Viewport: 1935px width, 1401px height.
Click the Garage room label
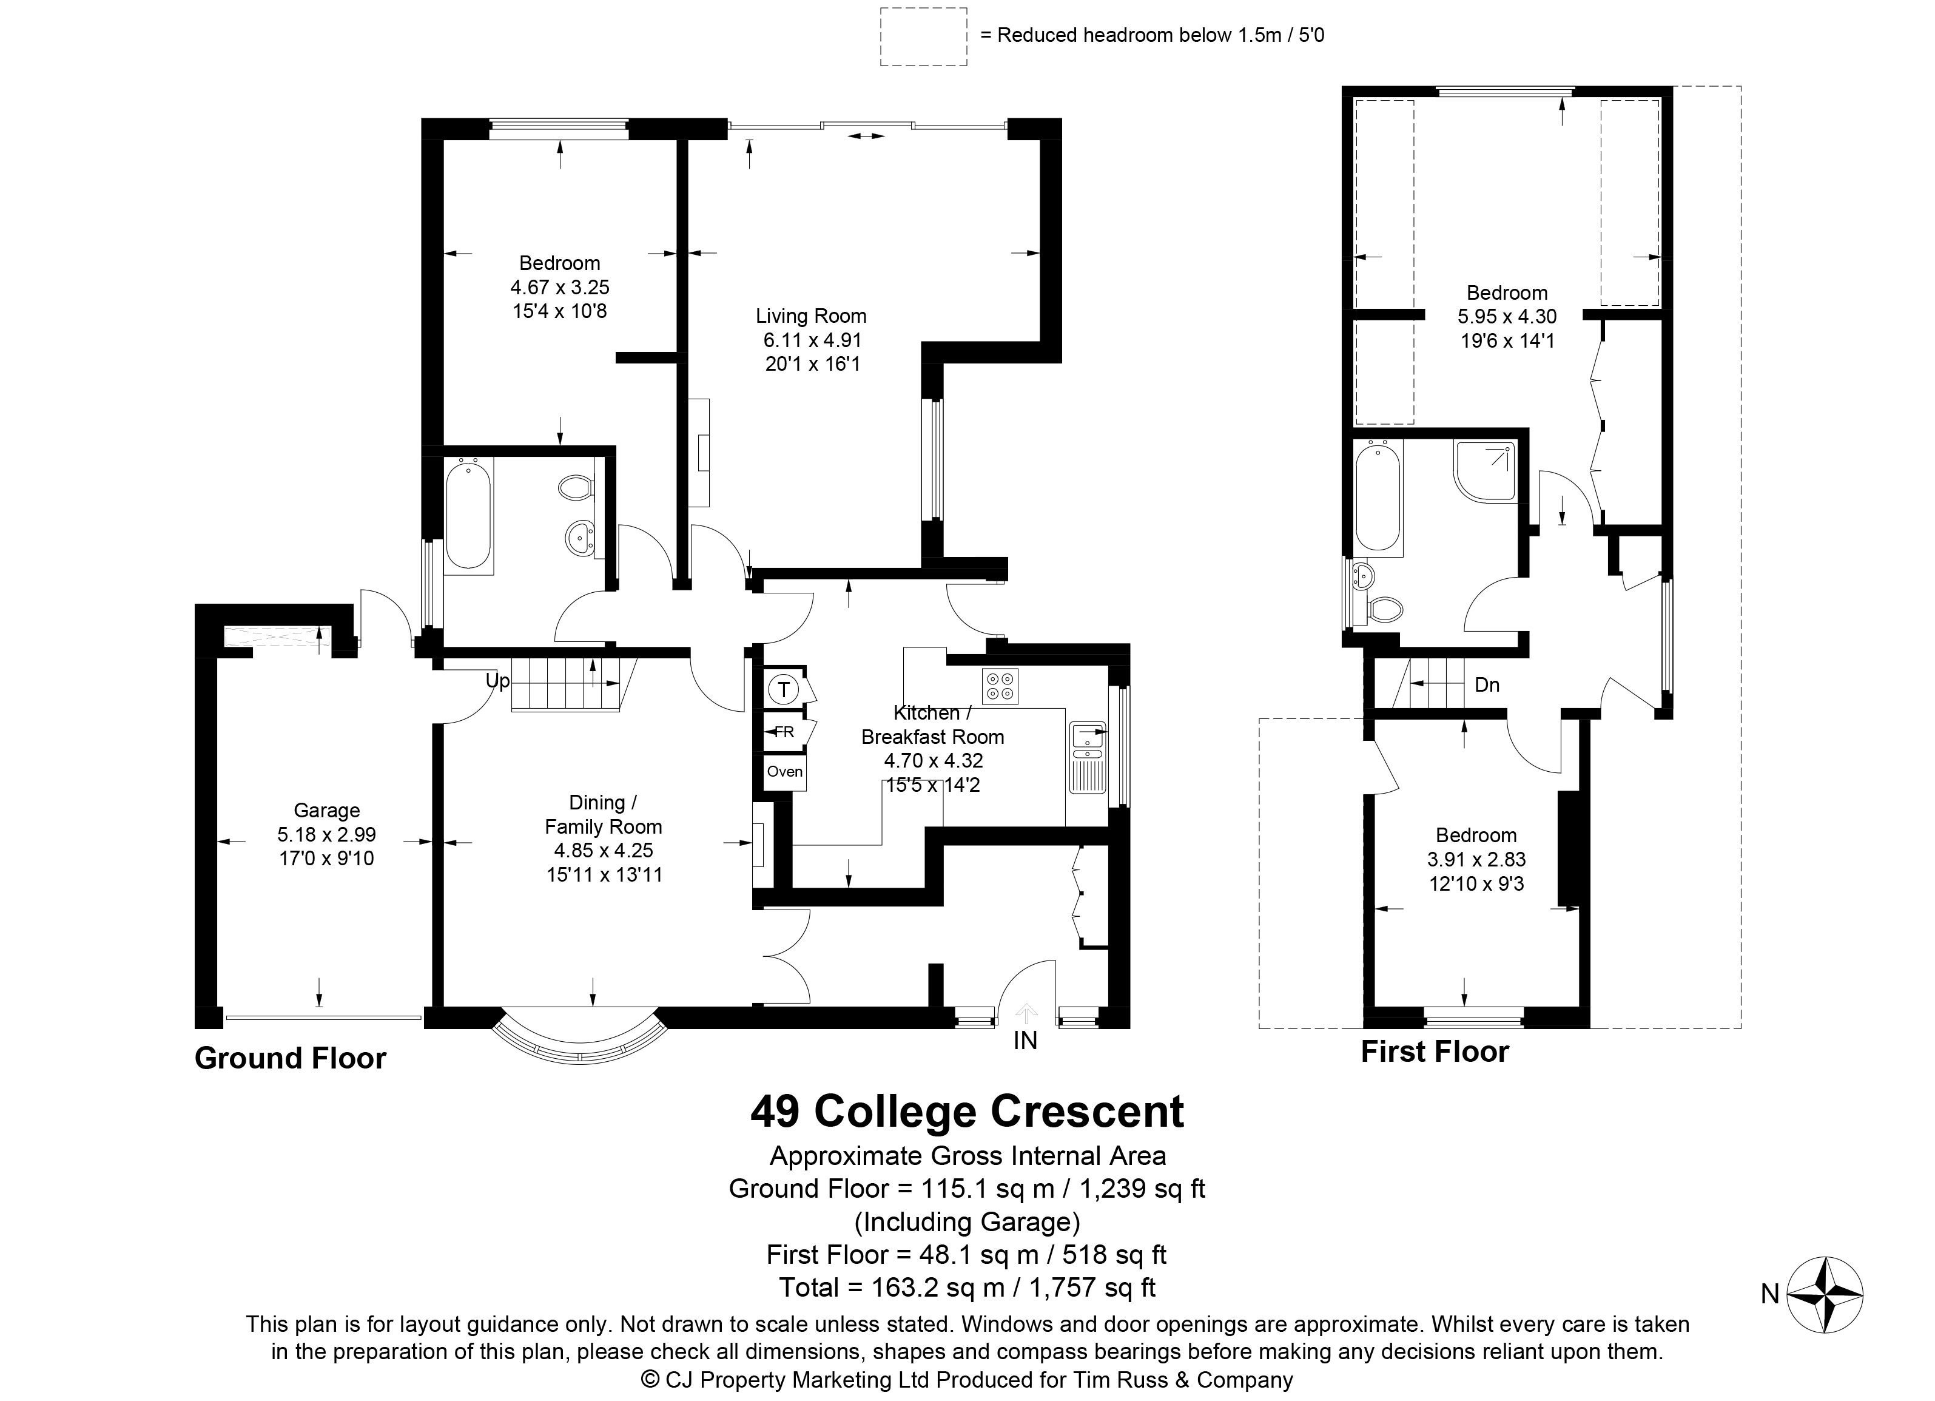coord(327,811)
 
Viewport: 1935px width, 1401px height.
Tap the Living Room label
coord(810,316)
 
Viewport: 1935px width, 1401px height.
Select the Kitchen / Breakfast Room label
coord(932,724)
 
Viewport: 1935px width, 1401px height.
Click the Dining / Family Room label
coord(603,815)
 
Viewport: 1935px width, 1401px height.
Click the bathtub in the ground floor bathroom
coord(468,515)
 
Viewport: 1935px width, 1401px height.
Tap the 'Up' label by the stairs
coord(497,681)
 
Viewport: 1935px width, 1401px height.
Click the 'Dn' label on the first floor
coord(1487,685)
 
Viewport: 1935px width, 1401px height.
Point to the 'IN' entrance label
coord(1025,1041)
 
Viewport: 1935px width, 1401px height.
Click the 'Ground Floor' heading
coord(290,1058)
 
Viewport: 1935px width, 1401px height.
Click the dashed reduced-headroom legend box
coord(923,36)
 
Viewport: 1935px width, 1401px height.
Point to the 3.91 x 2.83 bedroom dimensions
coord(1478,860)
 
